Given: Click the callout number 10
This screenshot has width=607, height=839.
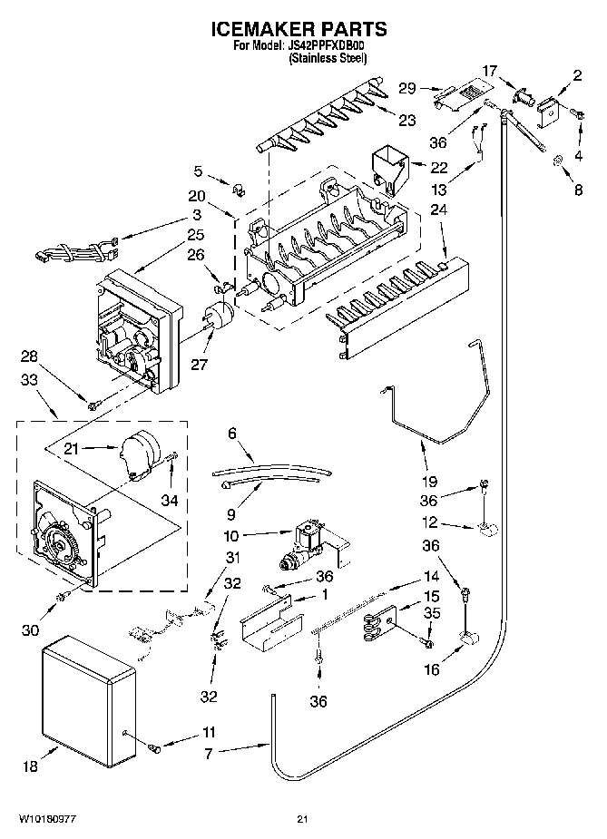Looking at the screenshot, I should tap(230, 535).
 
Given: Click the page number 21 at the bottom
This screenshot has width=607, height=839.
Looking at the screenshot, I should tap(303, 821).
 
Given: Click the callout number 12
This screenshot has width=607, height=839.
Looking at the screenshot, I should tap(429, 522).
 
